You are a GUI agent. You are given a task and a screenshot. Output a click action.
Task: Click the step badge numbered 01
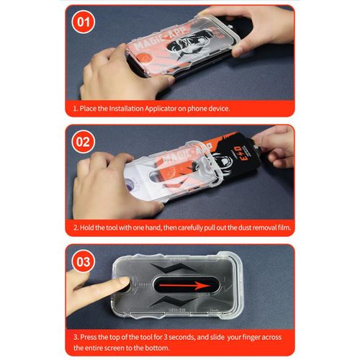(84, 22)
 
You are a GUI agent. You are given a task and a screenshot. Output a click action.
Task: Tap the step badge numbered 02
(84, 142)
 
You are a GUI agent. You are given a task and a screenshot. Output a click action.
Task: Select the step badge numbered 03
(84, 261)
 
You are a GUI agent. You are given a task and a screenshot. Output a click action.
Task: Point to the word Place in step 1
(91, 109)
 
